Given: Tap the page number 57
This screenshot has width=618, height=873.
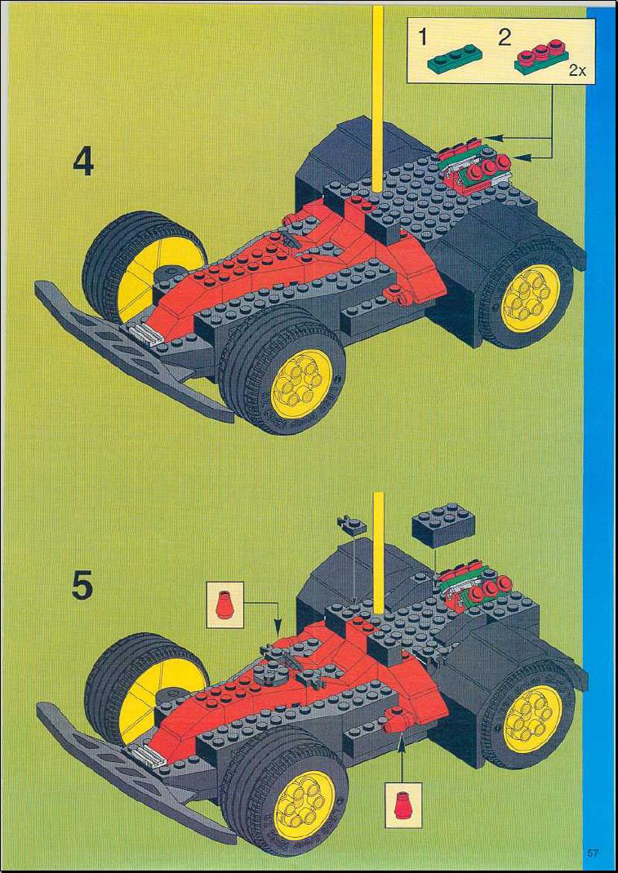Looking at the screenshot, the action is [x=591, y=853].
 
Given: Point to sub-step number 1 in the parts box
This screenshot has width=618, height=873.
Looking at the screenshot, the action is [x=424, y=38].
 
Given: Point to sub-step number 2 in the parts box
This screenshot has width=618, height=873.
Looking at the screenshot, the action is [x=505, y=38].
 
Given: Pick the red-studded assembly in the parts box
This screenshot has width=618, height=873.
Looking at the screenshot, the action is [x=540, y=57].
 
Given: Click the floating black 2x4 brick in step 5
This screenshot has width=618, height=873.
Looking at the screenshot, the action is [x=442, y=524].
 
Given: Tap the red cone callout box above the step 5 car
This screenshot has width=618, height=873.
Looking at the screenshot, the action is [x=225, y=602].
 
